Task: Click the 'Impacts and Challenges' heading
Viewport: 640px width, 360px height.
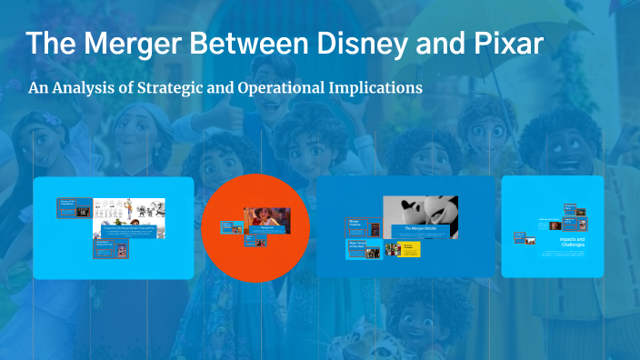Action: click(573, 243)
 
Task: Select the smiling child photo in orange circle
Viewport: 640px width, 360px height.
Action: click(267, 219)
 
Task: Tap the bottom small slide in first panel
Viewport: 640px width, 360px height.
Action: click(105, 250)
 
